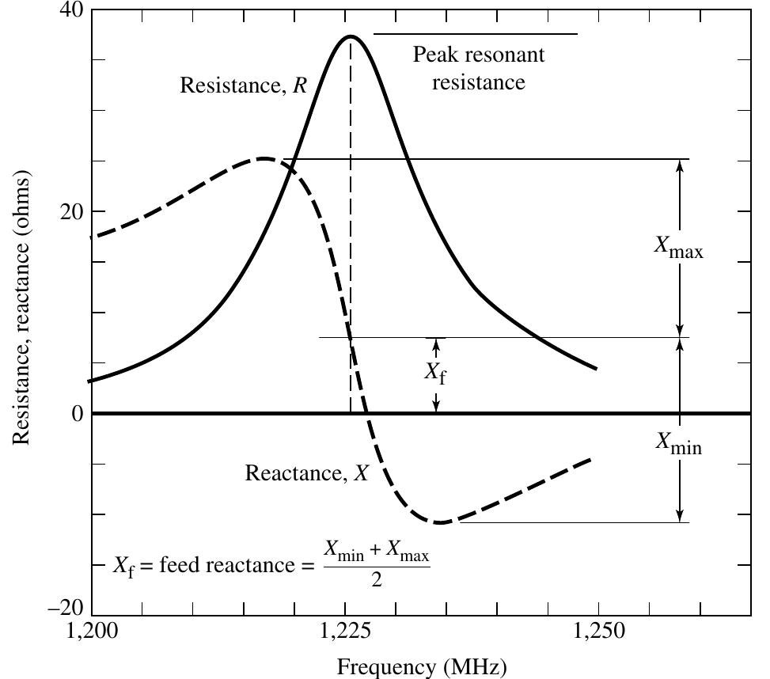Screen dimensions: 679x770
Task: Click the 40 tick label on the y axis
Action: coord(69,11)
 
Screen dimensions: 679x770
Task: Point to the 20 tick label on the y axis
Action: coord(69,212)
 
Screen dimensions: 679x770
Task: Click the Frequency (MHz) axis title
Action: coord(422,666)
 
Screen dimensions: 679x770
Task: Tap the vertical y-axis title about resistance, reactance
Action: coord(21,309)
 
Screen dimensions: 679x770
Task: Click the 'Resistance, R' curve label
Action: coord(243,85)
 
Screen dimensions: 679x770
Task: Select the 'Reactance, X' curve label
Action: coord(307,473)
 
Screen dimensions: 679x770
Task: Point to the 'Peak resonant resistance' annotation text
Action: coord(479,68)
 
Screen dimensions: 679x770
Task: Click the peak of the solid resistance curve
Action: coord(350,36)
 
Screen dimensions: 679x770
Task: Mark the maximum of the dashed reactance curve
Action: coord(264,158)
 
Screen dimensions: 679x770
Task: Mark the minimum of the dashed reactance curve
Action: coord(440,522)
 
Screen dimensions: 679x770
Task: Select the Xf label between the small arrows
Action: coord(435,372)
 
